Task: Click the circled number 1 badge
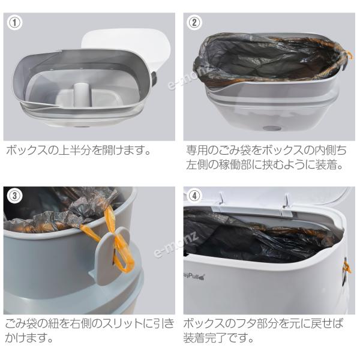(14, 23)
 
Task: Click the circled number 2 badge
(194, 23)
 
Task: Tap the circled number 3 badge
(14, 196)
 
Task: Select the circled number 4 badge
(194, 196)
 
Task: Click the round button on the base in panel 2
(272, 128)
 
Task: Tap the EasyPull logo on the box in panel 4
(194, 277)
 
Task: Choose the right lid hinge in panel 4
(286, 201)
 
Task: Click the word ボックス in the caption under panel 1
(25, 151)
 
